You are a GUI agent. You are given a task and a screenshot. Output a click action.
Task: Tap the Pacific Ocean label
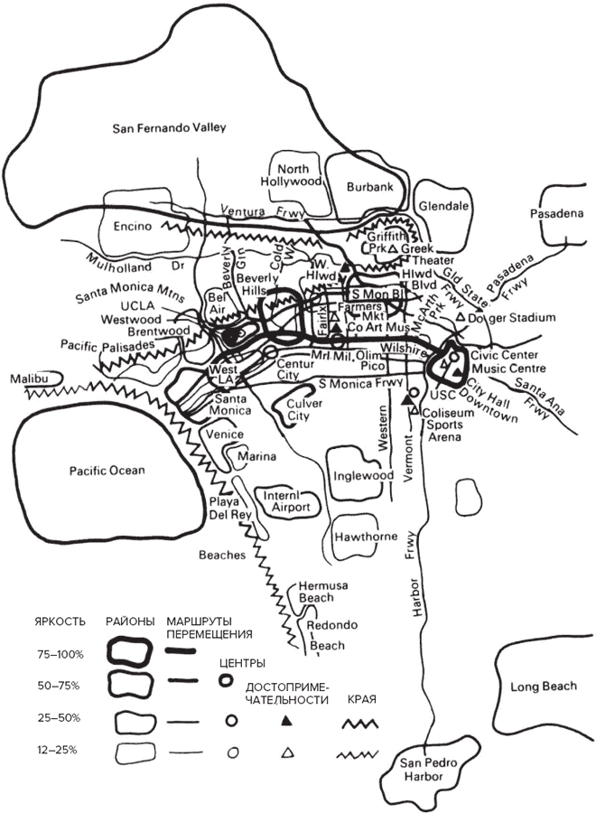[x=107, y=470]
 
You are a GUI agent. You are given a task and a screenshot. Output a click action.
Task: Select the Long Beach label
[x=543, y=687]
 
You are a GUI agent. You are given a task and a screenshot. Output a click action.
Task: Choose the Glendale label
[x=444, y=206]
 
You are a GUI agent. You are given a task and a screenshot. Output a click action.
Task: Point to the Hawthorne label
[x=366, y=537]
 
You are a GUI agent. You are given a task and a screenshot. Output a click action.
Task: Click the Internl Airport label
[x=288, y=501]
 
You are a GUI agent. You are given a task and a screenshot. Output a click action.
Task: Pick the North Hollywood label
[x=300, y=175]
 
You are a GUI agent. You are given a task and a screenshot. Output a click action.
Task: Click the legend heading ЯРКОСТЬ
[x=61, y=622]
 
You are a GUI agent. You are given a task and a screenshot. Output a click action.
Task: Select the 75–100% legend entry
[x=61, y=652]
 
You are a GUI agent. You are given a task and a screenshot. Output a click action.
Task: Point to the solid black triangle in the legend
[x=286, y=721]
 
